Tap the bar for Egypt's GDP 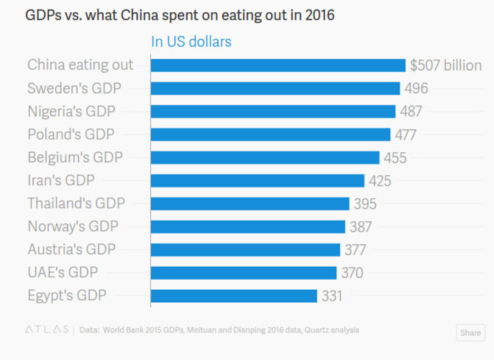pyautogui.click(x=233, y=296)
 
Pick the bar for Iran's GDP pyautogui.click(x=257, y=181)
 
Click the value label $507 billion pyautogui.click(x=446, y=65)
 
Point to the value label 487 pyautogui.click(x=411, y=111)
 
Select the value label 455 pyautogui.click(x=395, y=157)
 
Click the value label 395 pyautogui.click(x=365, y=204)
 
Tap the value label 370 pyautogui.click(x=352, y=273)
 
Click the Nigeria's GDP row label pyautogui.click(x=71, y=111)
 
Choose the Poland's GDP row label pyautogui.click(x=71, y=134)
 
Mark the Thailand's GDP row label pyautogui.click(x=76, y=204)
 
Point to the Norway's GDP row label pyautogui.click(x=73, y=226)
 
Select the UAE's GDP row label pyautogui.click(x=62, y=273)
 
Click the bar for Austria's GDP pyautogui.click(x=245, y=249)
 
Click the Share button pyautogui.click(x=470, y=333)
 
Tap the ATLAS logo pyautogui.click(x=47, y=330)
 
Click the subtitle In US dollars pyautogui.click(x=191, y=42)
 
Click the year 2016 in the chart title pyautogui.click(x=320, y=14)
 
